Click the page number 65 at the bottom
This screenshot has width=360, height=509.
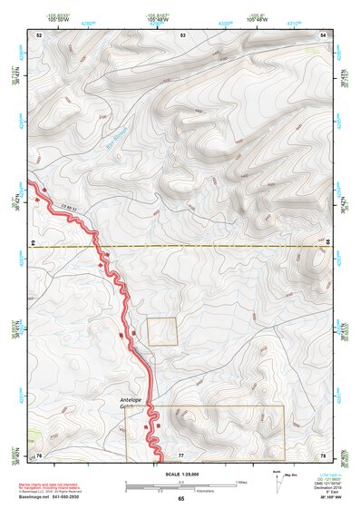(180, 499)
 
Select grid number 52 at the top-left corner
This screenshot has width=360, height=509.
(39, 34)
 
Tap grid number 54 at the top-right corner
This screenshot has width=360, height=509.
(324, 34)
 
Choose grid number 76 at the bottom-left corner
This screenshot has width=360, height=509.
(39, 454)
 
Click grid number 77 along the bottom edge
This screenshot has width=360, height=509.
(181, 454)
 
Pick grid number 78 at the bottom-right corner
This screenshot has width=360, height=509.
(323, 454)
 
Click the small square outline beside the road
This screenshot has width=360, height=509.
(162, 331)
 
